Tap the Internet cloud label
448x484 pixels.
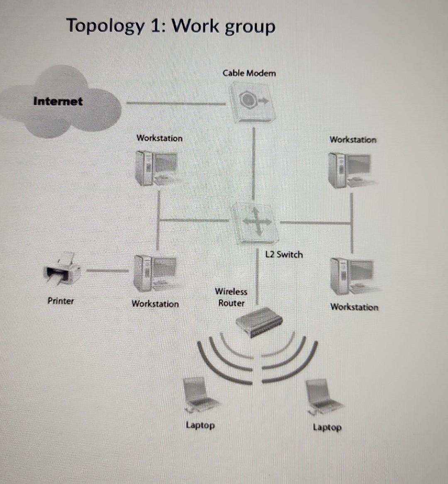click(x=58, y=101)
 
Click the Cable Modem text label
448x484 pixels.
click(x=249, y=73)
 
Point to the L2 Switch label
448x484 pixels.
click(x=284, y=254)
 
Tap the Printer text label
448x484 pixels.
click(x=61, y=301)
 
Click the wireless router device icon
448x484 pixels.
click(x=259, y=320)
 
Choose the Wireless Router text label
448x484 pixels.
click(x=231, y=297)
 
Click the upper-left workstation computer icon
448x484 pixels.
click(x=156, y=167)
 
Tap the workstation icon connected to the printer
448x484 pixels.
click(x=155, y=273)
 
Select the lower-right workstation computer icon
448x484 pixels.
click(x=352, y=275)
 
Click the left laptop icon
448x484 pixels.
click(x=200, y=396)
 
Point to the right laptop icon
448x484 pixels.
click(x=323, y=396)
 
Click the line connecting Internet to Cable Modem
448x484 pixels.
click(x=176, y=103)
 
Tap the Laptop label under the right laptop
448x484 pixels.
click(x=327, y=427)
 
